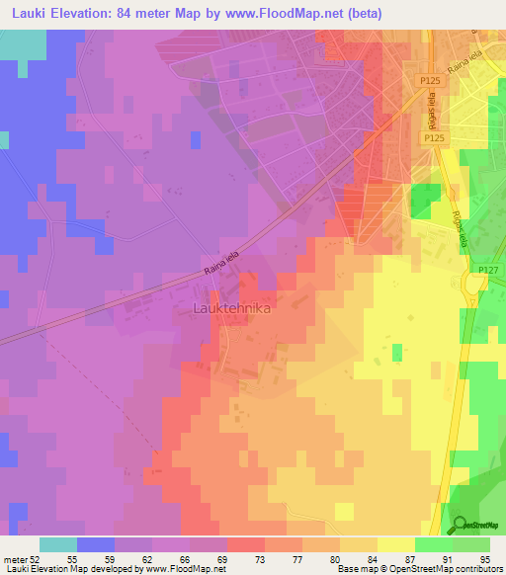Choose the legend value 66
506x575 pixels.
pos(170,559)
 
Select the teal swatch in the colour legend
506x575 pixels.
pos(58,544)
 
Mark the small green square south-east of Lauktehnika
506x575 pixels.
pos(397,353)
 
